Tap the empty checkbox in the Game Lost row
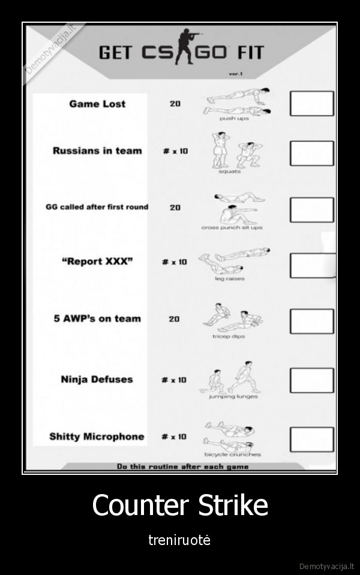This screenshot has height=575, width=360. point(312,103)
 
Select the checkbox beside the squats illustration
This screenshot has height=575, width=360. point(312,153)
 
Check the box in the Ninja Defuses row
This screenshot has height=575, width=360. point(312,380)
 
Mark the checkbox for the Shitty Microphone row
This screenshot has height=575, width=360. point(312,439)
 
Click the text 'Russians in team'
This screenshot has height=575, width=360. point(97,150)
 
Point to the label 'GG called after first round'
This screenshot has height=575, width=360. point(97,207)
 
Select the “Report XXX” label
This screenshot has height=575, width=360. point(97,261)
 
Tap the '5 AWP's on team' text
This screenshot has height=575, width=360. point(97,318)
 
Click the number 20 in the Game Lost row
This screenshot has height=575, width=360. point(175,104)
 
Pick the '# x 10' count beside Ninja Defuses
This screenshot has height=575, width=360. point(174,380)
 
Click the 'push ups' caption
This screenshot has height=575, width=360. point(234,119)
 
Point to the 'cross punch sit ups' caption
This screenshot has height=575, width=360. point(232,227)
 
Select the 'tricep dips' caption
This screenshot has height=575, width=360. point(229,336)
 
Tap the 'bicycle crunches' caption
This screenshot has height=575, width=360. point(233,454)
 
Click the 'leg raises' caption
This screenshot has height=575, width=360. point(230,279)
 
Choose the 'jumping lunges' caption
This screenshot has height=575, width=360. point(233,396)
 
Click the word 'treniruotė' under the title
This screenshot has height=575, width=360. point(179,540)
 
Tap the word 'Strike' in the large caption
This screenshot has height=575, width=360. point(233,505)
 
